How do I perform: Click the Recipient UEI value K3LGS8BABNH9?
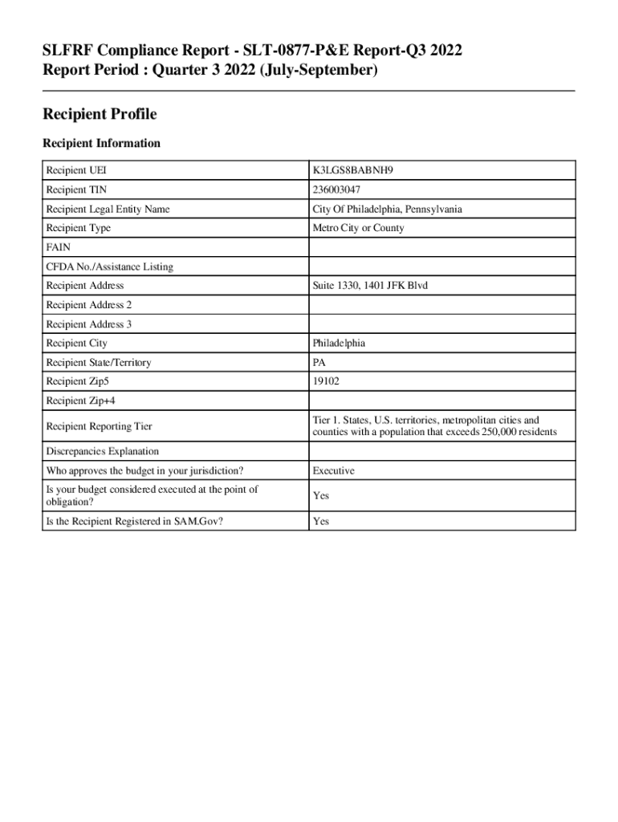tap(353, 171)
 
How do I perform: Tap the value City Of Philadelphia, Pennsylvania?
tap(387, 210)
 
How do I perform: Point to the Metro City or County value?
tap(358, 228)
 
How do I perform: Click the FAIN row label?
tap(57, 248)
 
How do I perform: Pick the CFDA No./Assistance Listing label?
tap(109, 267)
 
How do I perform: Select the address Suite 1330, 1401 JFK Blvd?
tap(370, 286)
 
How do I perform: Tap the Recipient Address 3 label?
tap(88, 324)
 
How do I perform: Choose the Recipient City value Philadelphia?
tap(339, 344)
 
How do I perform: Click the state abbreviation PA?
tap(319, 363)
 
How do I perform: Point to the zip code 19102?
tap(326, 382)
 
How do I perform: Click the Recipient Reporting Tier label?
tap(99, 426)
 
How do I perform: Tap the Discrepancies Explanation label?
tap(102, 451)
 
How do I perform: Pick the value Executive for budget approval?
tap(333, 470)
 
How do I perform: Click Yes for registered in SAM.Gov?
tap(321, 522)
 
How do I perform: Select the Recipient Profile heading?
tap(99, 115)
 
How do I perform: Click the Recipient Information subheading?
tap(101, 144)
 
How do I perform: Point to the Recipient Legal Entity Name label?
tap(108, 210)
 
